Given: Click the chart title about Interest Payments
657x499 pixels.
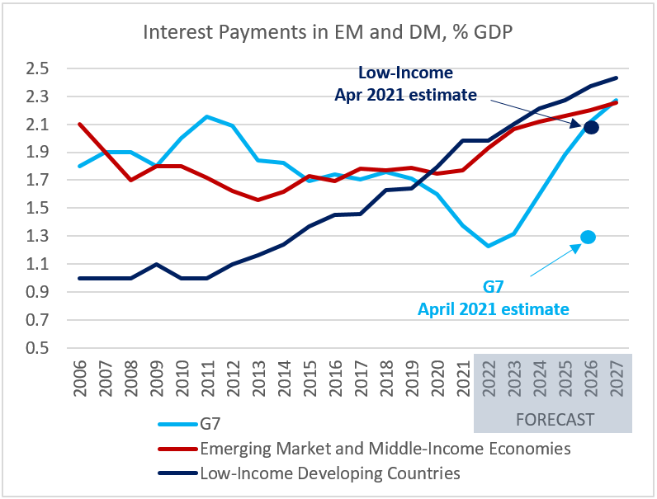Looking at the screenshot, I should click(328, 32).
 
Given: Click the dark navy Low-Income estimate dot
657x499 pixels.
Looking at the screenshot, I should click(591, 126).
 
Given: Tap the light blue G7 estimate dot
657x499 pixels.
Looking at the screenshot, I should click(588, 237).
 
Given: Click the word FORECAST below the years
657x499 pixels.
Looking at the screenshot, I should click(555, 420).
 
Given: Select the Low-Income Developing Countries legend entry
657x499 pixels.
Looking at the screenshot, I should click(328, 473).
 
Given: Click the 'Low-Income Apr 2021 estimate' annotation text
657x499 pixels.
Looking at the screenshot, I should click(405, 84).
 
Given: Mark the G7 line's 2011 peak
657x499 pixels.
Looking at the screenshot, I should click(207, 116).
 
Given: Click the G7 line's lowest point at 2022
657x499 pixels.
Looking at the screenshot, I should click(489, 246).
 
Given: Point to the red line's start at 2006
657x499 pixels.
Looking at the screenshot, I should click(79, 124).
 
